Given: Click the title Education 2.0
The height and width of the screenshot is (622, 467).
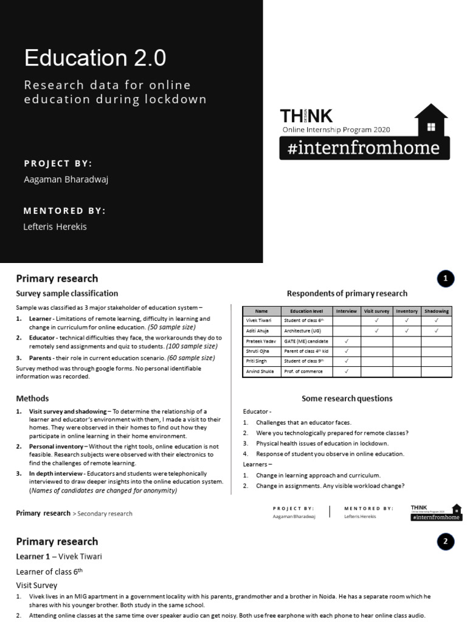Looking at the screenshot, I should [x=95, y=58].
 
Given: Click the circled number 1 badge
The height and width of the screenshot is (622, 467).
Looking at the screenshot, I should [x=445, y=279].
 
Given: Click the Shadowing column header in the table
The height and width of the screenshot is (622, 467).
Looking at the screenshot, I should [x=437, y=311].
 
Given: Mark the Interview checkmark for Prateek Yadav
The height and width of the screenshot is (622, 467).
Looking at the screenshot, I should [x=347, y=341].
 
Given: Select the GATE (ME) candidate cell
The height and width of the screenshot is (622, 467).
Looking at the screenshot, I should [x=306, y=341].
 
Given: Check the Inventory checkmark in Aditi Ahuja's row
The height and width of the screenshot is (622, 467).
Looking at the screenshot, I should [x=407, y=331].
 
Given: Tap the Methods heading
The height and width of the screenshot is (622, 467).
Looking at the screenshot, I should [x=32, y=398].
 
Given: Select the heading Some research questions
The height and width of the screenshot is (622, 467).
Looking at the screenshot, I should [x=347, y=398].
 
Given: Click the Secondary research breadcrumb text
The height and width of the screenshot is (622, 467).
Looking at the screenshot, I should [x=104, y=514].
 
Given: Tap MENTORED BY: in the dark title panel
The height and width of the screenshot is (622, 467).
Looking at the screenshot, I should [x=64, y=211].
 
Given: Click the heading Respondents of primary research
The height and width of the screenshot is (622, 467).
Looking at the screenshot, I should [x=347, y=293].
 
